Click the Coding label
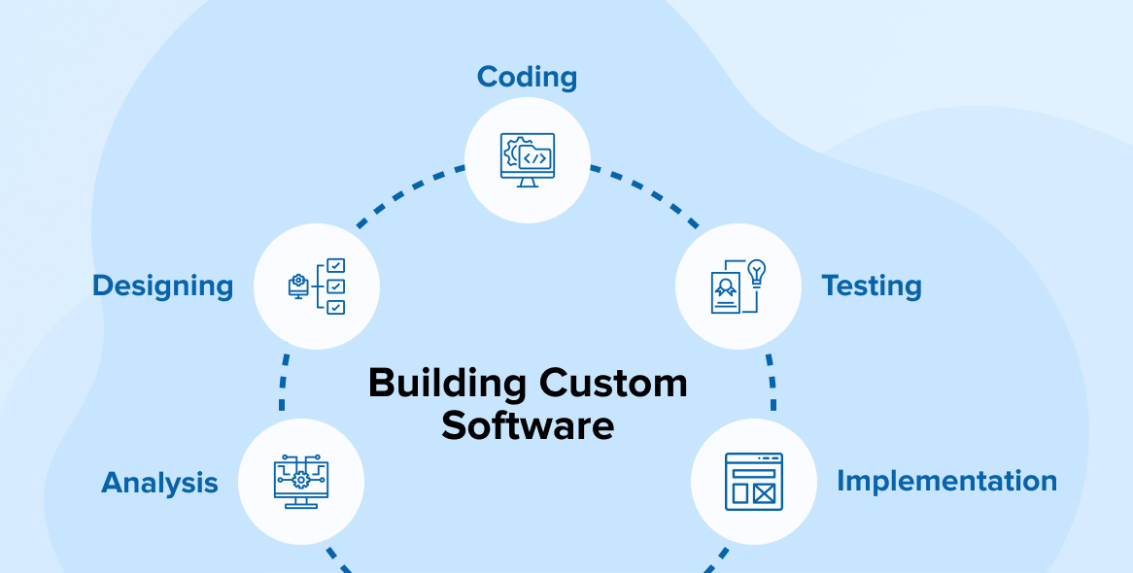coord(527,78)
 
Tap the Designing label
coord(162,286)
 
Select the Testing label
coord(871,286)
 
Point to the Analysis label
coord(159,483)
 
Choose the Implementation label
coord(946,481)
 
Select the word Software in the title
coord(528,426)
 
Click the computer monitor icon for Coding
coord(528,160)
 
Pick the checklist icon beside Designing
coord(317,286)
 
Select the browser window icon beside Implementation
coord(754,482)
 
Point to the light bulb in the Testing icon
coord(756,273)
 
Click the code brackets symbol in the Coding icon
coord(534,158)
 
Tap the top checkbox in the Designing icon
coord(335,265)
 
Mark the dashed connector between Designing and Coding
coord(408,195)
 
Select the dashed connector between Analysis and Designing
coord(284,382)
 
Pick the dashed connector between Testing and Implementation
coord(772,382)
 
